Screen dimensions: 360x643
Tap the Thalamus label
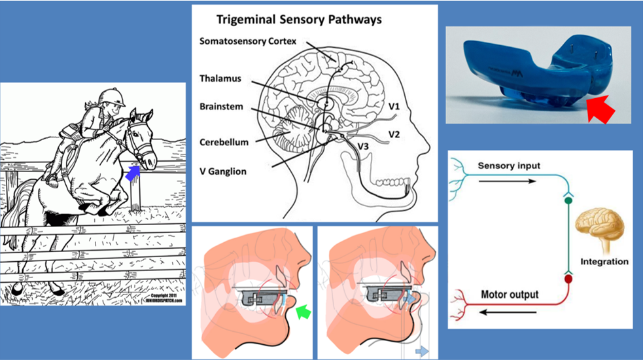(x=220, y=79)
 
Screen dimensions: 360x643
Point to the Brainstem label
(x=222, y=105)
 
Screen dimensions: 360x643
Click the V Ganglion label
(x=223, y=171)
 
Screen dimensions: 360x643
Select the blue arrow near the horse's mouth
(x=133, y=173)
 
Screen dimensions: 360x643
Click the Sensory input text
(x=509, y=166)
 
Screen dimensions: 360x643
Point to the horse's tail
(x=20, y=203)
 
